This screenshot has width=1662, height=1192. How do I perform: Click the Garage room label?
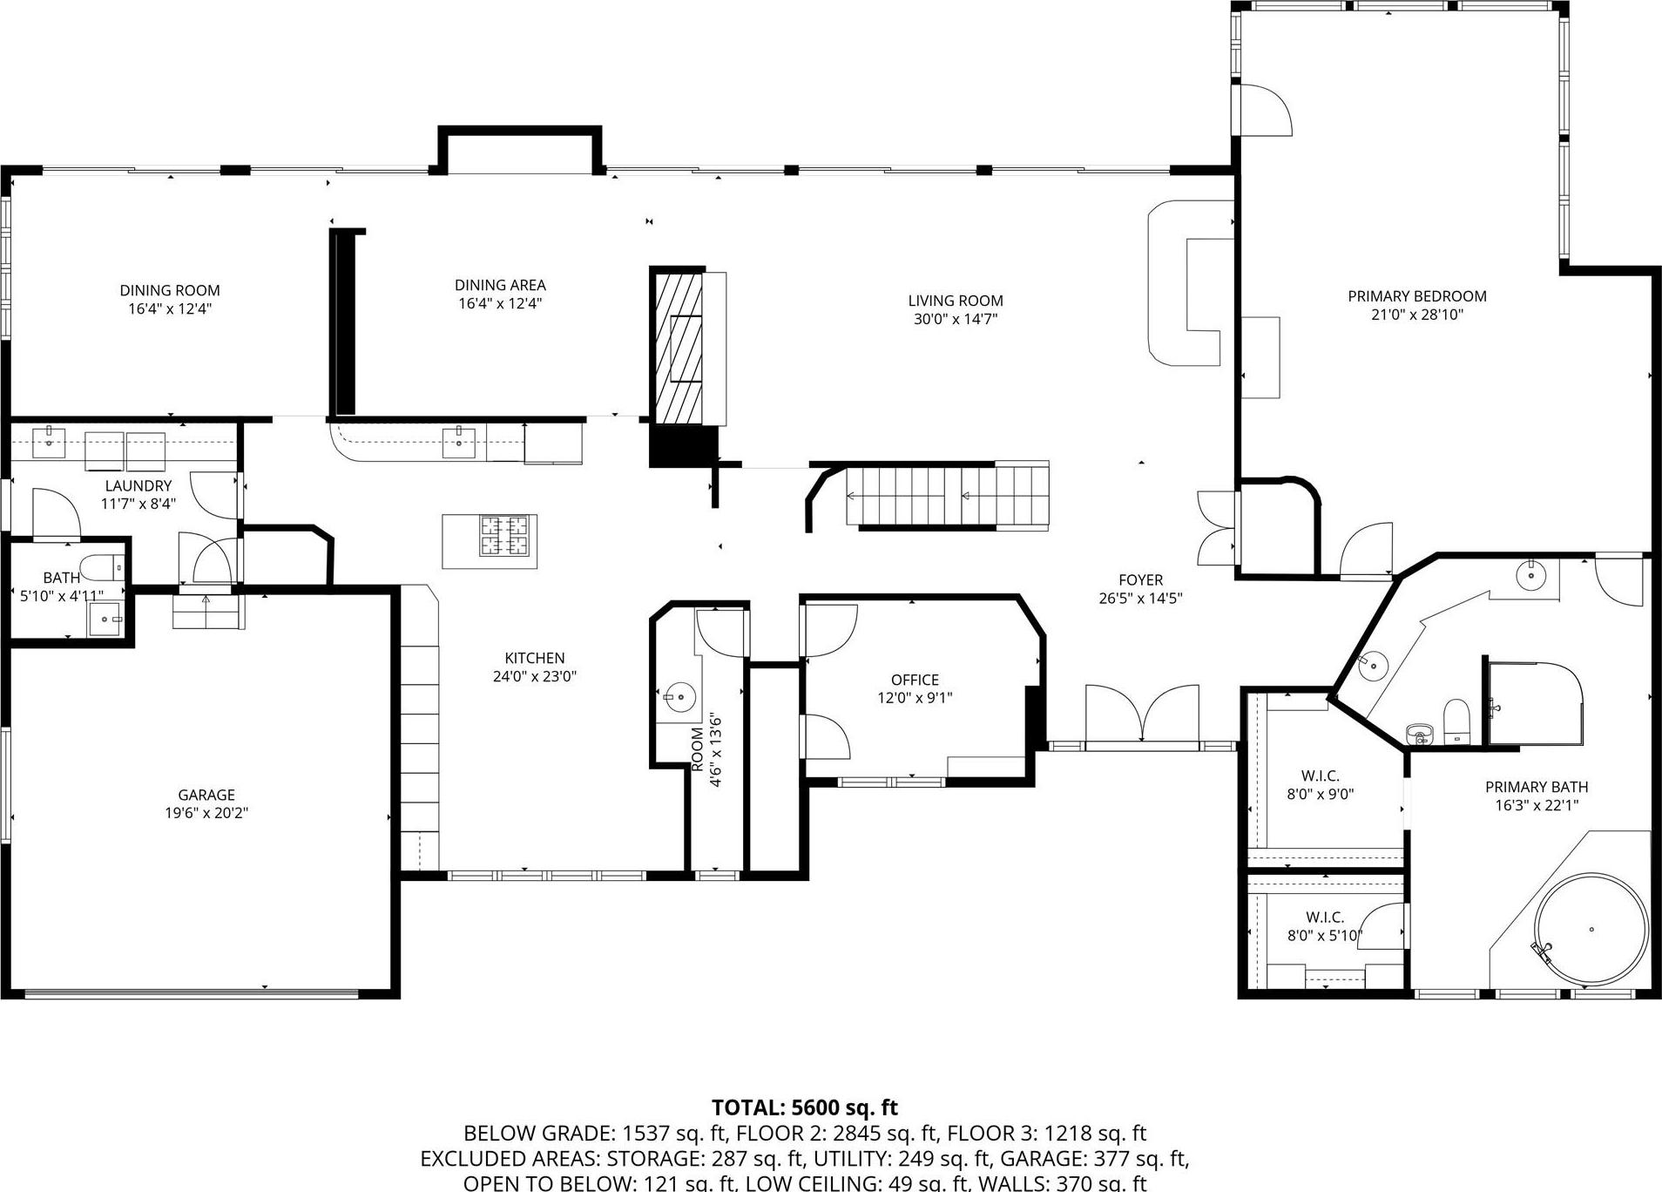click(206, 795)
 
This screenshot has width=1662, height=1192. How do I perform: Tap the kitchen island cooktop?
click(505, 536)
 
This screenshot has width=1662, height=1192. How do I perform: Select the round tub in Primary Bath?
click(1591, 930)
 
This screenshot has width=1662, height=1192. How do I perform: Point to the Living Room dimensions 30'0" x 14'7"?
click(955, 319)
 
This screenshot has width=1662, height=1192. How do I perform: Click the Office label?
click(915, 680)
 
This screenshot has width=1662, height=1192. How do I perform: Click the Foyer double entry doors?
click(1142, 715)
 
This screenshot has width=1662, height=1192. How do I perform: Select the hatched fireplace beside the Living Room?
click(678, 349)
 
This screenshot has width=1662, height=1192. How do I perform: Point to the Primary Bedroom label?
click(1416, 296)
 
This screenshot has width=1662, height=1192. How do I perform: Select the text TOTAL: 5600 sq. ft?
click(804, 1107)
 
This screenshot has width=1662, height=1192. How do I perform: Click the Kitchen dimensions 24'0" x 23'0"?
click(535, 676)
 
